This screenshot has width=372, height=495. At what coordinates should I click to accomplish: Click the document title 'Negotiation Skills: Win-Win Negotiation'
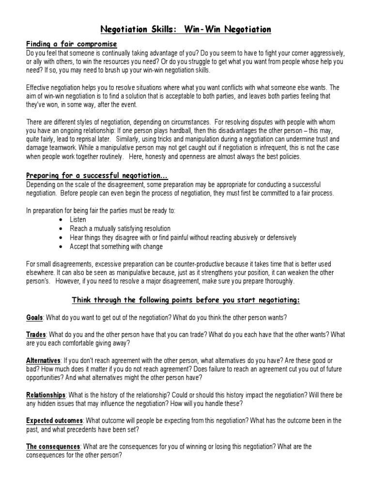point(186,30)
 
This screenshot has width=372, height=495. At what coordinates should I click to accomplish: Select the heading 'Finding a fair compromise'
point(71,44)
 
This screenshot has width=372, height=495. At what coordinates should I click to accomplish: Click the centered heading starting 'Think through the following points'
point(186,300)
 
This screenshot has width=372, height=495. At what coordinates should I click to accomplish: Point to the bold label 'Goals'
point(34,317)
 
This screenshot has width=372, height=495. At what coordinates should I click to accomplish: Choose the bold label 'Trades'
point(36,335)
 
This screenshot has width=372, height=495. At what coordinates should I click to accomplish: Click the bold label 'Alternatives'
point(43,361)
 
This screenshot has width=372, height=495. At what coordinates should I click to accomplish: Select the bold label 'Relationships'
point(45,395)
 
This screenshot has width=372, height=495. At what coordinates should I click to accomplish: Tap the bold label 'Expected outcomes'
point(54,421)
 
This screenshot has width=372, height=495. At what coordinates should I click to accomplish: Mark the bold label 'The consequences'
point(53,447)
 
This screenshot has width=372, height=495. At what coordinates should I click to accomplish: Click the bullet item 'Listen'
point(78,219)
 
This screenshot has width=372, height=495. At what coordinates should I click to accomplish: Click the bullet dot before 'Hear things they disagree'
point(60,238)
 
